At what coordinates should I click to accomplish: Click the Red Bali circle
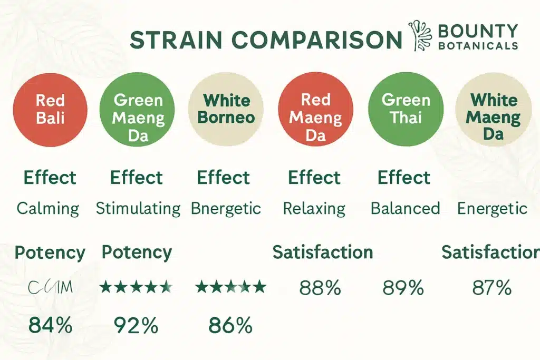[x=51, y=109]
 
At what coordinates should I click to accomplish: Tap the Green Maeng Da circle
[x=138, y=109]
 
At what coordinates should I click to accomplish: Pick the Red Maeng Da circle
[x=315, y=109]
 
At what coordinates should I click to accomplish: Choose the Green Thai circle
[x=406, y=109]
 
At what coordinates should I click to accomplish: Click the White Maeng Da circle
[x=493, y=109]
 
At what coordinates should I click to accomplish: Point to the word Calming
[x=48, y=208]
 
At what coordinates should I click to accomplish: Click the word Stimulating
[x=138, y=208]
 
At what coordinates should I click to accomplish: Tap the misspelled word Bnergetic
[x=226, y=208]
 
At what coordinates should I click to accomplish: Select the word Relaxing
[x=314, y=208]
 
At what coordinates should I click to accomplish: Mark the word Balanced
[x=405, y=208]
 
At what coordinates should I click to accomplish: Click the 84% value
[x=50, y=326]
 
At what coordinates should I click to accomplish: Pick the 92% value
[x=136, y=326]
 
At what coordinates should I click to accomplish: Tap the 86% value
[x=230, y=326]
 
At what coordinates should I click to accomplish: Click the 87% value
[x=491, y=288]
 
